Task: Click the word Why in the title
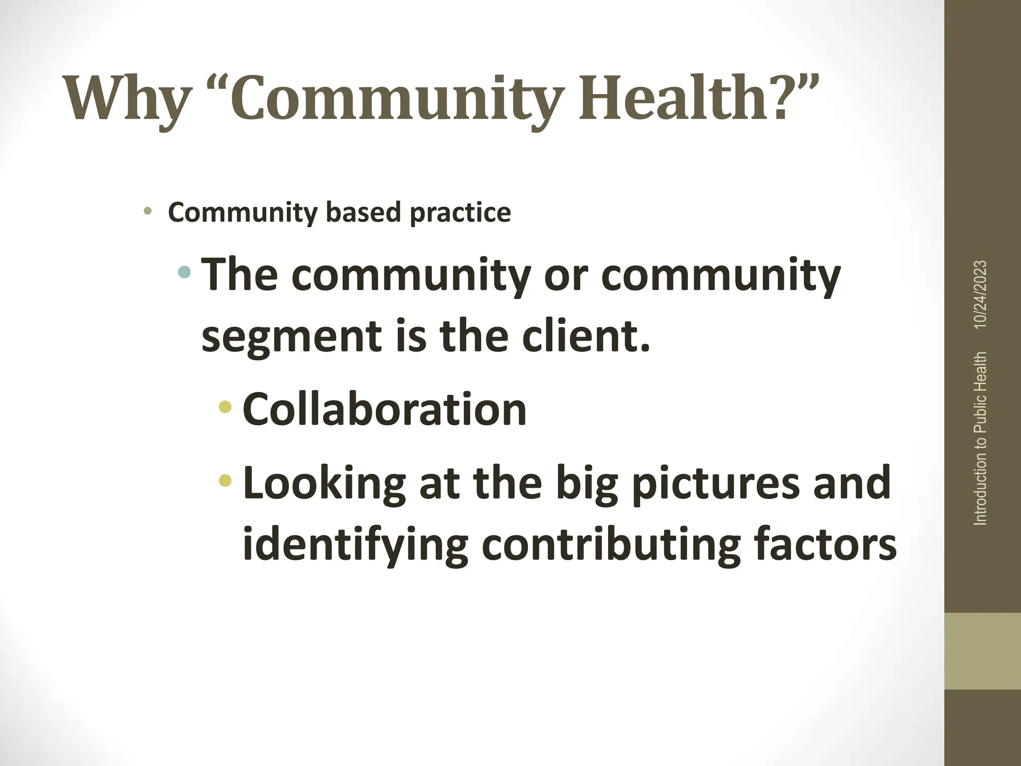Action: (127, 98)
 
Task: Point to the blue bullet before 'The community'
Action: (184, 272)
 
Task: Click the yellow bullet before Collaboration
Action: (225, 407)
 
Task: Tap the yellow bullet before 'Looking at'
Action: (225, 480)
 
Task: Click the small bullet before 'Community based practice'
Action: (147, 211)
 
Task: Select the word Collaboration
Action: (384, 409)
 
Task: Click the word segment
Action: (292, 336)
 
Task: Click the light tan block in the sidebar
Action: (982, 651)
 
